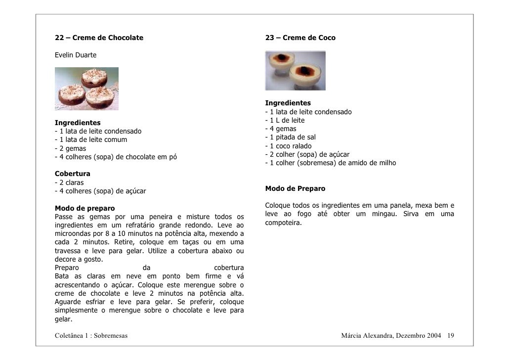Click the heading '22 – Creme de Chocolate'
pyautogui.click(x=99, y=38)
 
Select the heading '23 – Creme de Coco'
pyautogui.click(x=300, y=38)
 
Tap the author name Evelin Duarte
pyautogui.click(x=76, y=54)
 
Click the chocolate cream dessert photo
pyautogui.click(x=86, y=89)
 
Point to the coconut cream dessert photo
pyautogui.click(x=295, y=71)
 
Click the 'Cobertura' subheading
pyautogui.click(x=72, y=174)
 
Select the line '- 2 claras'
pyautogui.click(x=69, y=182)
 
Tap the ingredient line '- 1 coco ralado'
pyautogui.click(x=288, y=146)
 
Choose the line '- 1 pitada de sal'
pyautogui.click(x=290, y=137)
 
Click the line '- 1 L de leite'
pyautogui.click(x=285, y=120)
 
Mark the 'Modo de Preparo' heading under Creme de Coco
pyautogui.click(x=295, y=188)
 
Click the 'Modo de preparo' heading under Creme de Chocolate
pyautogui.click(x=85, y=208)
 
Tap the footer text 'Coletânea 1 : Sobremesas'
pyautogui.click(x=91, y=336)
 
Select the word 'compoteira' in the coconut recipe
pyautogui.click(x=283, y=223)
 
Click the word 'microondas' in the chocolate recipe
pyautogui.click(x=72, y=233)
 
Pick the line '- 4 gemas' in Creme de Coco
pyautogui.click(x=281, y=129)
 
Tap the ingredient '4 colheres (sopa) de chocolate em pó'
pyautogui.click(x=118, y=157)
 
